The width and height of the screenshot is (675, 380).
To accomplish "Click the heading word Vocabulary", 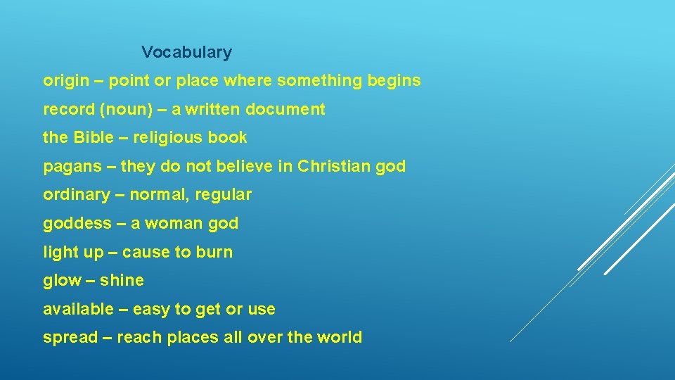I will (186, 52).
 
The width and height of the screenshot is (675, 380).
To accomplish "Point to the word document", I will (288, 110).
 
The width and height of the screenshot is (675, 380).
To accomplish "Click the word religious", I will (167, 138).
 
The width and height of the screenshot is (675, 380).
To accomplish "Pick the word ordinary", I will (77, 195).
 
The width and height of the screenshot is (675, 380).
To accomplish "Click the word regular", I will (224, 195).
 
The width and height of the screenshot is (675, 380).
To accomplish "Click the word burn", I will (215, 252).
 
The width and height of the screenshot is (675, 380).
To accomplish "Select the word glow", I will (62, 280).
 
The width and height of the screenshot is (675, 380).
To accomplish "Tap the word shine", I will (122, 280).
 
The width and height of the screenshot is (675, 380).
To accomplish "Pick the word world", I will (340, 337).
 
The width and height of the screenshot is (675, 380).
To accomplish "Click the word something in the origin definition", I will (320, 81).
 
